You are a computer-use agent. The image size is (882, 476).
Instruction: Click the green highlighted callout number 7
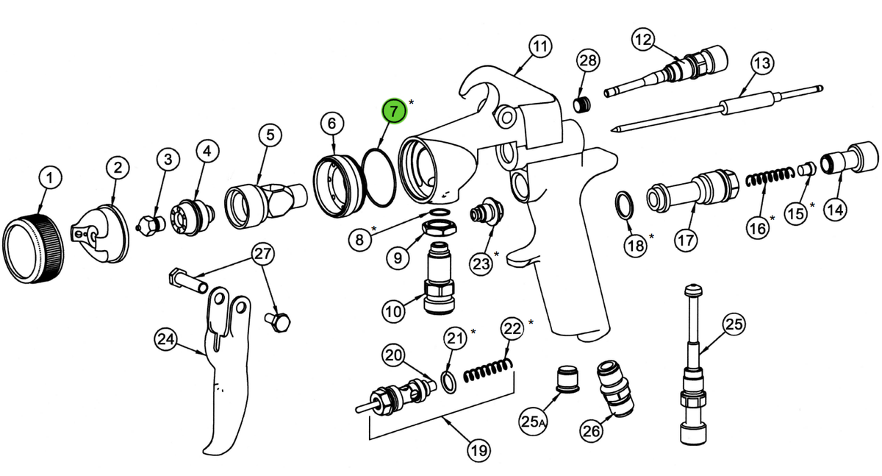click(394, 111)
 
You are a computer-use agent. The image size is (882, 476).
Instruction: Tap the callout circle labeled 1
click(50, 178)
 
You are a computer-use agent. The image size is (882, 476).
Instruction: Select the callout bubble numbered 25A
click(533, 422)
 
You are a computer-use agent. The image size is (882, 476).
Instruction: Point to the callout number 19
click(478, 450)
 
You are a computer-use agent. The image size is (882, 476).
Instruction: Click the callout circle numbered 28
click(588, 60)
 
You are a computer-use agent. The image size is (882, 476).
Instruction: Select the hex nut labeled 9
click(439, 227)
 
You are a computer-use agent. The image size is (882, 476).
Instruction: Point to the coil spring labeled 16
click(770, 177)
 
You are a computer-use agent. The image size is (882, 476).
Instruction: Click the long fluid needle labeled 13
click(717, 109)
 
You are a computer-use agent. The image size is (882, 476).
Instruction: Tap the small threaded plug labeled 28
click(581, 104)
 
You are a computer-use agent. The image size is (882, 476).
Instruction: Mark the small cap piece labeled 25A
click(567, 379)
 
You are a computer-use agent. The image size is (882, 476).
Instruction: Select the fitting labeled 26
click(615, 388)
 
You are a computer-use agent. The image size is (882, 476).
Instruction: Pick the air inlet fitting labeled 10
click(439, 279)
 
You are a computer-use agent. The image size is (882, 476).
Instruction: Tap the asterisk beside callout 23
click(496, 254)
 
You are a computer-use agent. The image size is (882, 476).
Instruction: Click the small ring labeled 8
click(439, 213)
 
